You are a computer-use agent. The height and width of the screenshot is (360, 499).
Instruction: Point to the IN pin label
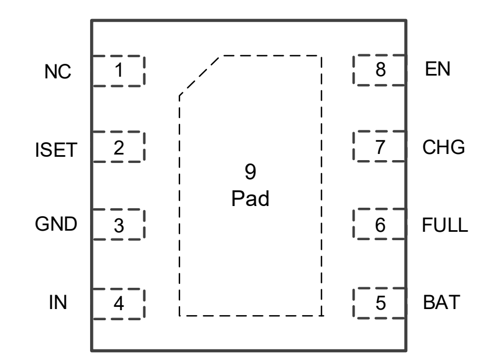[58, 303]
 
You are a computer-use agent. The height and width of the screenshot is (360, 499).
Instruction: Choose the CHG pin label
[443, 148]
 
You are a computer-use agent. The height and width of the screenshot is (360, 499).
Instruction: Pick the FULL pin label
[444, 225]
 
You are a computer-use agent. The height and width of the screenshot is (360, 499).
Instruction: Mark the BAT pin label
[441, 303]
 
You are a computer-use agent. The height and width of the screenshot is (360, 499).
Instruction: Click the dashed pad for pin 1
[118, 71]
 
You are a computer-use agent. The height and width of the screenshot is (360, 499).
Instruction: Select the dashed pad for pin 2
[118, 147]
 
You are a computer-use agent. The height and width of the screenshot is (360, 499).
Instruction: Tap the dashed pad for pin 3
[118, 225]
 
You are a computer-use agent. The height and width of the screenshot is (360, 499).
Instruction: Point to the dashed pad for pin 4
[118, 304]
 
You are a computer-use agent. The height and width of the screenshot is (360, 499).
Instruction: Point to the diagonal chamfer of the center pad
[201, 76]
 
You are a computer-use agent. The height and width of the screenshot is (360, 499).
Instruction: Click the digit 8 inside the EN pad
[380, 71]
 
